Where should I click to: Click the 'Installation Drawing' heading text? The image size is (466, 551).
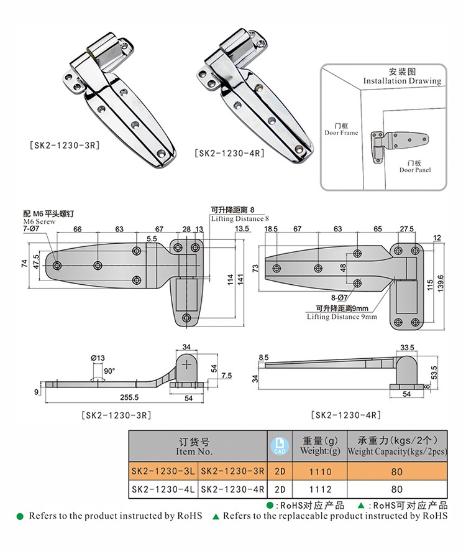402,81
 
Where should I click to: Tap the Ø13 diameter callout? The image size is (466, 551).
98,358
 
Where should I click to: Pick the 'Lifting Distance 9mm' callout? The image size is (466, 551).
342,317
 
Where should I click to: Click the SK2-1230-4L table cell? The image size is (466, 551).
163,489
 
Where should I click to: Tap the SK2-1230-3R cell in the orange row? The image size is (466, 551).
233,472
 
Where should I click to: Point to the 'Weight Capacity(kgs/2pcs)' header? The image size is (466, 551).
397,451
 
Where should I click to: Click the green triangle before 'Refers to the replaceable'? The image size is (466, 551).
216,516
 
